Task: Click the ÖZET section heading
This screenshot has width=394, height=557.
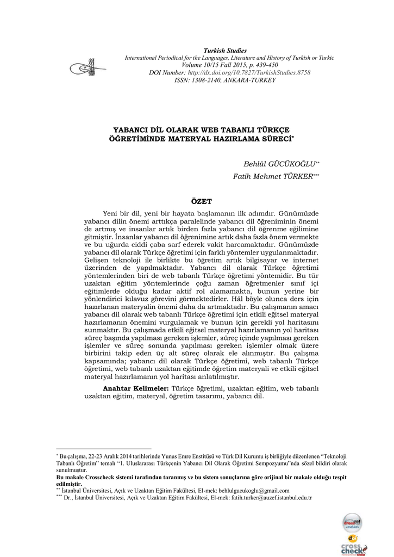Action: pyautogui.click(x=202, y=201)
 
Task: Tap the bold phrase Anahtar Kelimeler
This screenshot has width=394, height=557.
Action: pyautogui.click(x=136, y=388)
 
